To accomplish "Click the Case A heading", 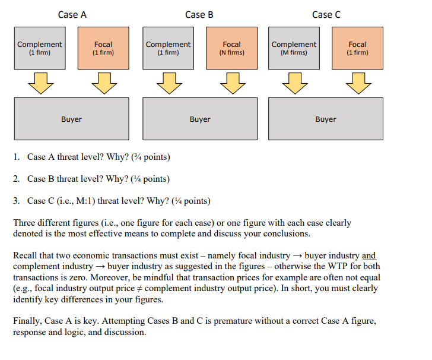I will [x=72, y=15].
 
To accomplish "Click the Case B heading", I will [x=199, y=15].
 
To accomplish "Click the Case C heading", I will [x=326, y=15].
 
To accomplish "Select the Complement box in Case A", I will [x=40, y=48].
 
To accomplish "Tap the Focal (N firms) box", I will [x=231, y=48].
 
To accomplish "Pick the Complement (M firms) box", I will [x=294, y=48].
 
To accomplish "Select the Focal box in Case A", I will [x=104, y=48].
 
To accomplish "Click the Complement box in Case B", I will [x=168, y=48].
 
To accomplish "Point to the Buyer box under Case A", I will [x=71, y=119].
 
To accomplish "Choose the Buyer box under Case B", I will [x=200, y=119].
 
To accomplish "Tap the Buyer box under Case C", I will [x=326, y=119].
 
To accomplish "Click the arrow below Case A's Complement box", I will [x=40, y=83].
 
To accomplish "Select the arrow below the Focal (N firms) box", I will [x=231, y=83].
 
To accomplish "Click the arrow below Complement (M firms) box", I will [x=294, y=83].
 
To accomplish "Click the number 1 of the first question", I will [x=15, y=157].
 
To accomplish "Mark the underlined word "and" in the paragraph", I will [x=369, y=255].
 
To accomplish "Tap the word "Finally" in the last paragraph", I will [x=26, y=321].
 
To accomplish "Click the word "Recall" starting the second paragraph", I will [x=26, y=255].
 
